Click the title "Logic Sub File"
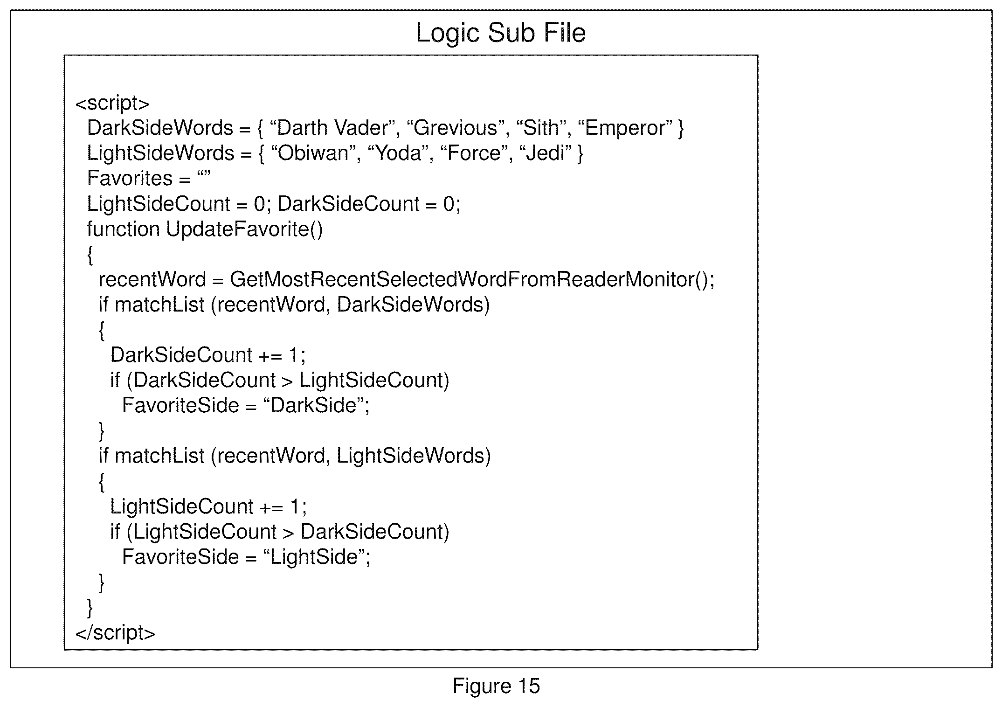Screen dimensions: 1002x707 pos(500,33)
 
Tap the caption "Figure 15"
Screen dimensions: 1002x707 pos(496,686)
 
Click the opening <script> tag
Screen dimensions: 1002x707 pos(112,104)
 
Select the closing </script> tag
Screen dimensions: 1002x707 pos(115,633)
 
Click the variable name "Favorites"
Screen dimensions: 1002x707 pos(130,178)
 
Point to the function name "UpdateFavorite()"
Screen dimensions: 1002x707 pos(244,229)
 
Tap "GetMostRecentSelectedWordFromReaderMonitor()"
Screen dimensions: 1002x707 pos(472,279)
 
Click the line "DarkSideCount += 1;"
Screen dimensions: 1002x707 pos(208,355)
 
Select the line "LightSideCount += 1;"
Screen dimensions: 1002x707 pos(208,506)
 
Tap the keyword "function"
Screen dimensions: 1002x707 pos(124,229)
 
